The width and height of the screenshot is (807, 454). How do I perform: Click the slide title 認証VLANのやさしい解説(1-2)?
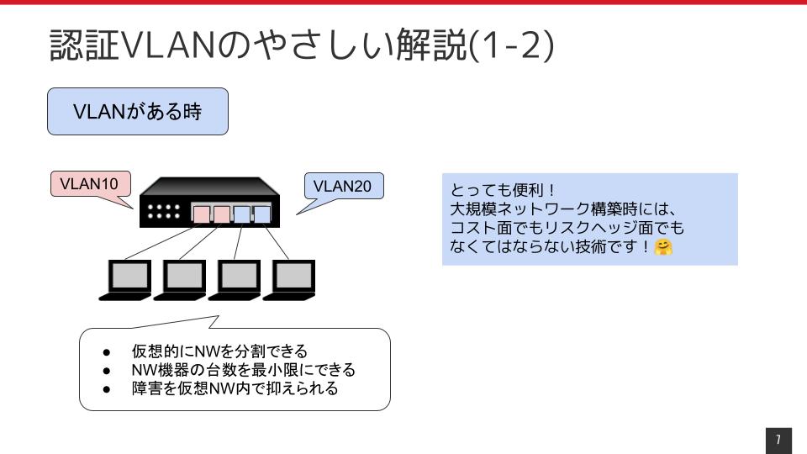point(302,45)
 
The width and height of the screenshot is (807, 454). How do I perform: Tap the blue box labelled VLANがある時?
point(138,111)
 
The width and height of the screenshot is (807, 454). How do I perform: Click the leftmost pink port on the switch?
point(201,214)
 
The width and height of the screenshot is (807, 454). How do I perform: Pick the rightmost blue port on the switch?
point(262,214)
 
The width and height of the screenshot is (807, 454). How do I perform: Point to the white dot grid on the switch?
point(164,212)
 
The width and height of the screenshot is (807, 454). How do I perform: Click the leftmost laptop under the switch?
point(125,280)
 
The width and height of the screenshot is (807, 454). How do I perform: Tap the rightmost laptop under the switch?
point(289,280)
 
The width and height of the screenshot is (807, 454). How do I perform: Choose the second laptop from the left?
point(180,280)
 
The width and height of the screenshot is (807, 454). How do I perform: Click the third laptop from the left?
point(235,280)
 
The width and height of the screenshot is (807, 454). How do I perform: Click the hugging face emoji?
point(663,247)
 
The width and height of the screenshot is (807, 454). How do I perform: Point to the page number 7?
point(778,439)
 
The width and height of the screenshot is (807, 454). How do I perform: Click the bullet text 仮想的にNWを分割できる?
point(219,351)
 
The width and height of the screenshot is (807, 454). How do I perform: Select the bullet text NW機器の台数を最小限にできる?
point(244,370)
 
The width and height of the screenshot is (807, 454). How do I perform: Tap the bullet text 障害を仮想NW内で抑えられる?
point(235,388)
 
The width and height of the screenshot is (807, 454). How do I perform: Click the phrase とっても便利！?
point(504,190)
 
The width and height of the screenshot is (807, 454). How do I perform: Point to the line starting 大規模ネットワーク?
point(563,209)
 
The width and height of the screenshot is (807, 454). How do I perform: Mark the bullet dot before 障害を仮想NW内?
point(107,389)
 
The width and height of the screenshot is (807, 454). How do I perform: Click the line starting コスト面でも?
point(567,228)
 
